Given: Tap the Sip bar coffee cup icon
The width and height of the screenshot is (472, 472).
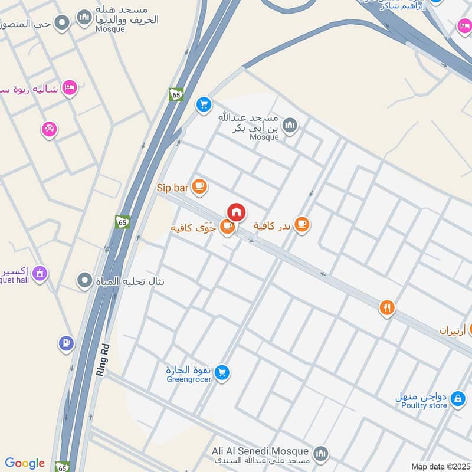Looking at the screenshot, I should point(199,187).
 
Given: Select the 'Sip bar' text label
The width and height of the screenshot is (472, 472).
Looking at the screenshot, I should point(172,188).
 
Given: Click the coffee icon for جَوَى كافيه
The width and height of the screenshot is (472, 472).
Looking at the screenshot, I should point(227,227).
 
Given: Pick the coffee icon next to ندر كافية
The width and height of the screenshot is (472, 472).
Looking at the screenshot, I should point(302,224).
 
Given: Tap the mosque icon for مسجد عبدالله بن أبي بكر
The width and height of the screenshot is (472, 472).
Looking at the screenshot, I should point(290,125).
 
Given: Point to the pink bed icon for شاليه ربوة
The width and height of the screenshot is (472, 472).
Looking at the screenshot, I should point(70,88).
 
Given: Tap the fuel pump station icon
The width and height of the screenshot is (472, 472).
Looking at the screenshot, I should point(66,342).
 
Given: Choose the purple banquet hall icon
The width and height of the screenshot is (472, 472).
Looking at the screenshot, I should point(40,273).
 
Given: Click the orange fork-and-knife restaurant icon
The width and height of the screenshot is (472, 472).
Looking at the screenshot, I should point(386,307).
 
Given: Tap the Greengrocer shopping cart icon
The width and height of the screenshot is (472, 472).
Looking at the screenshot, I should point(222,372).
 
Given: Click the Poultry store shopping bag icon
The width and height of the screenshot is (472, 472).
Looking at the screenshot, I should point(457,400).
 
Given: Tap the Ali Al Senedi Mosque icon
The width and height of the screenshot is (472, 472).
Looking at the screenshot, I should point(320,453).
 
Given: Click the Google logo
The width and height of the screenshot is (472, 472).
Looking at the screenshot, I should point(25,463).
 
